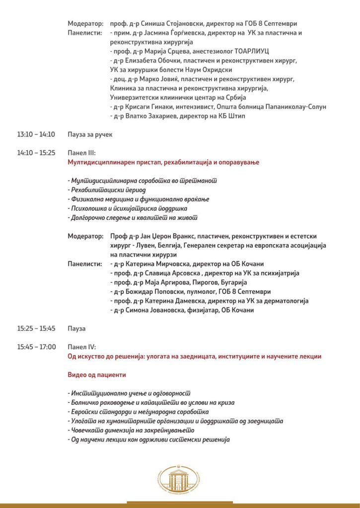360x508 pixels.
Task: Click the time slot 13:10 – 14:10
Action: (x=36, y=134)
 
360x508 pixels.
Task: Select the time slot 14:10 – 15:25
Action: (x=36, y=153)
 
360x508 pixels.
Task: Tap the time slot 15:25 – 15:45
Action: (x=36, y=328)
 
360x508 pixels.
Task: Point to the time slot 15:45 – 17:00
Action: (x=36, y=347)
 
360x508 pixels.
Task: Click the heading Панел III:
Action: (x=82, y=153)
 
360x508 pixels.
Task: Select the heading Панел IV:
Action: (x=82, y=347)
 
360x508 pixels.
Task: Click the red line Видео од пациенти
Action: (x=97, y=375)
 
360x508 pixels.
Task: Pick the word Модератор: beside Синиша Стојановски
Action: (x=85, y=23)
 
